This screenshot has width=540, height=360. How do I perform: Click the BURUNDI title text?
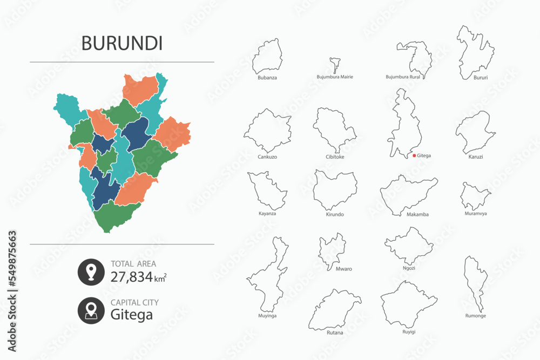pyautogui.click(x=122, y=44)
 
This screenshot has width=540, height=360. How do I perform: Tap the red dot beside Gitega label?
pyautogui.click(x=414, y=155)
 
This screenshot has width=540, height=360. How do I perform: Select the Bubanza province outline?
pyautogui.click(x=268, y=57)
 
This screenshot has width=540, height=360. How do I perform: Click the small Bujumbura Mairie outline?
pyautogui.click(x=335, y=65)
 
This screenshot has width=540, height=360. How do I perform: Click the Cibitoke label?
pyautogui.click(x=335, y=157)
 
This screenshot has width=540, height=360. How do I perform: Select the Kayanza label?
pyautogui.click(x=267, y=214)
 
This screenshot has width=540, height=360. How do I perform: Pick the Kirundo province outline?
pyautogui.click(x=335, y=189)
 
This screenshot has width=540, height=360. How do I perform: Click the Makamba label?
pyautogui.click(x=417, y=214)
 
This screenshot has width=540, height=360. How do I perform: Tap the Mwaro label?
pyautogui.click(x=335, y=268)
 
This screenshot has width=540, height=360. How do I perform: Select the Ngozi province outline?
pyautogui.click(x=410, y=246)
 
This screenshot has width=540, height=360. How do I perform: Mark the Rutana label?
pyautogui.click(x=335, y=332)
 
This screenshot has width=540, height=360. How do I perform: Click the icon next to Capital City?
pyautogui.click(x=91, y=310)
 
